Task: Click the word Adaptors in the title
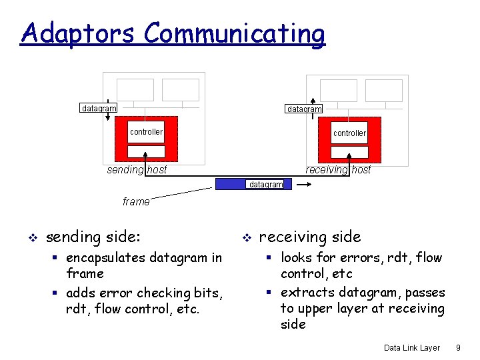tap(79, 33)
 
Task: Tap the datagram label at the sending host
tap(99, 108)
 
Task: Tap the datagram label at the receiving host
tap(304, 109)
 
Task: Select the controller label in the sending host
tap(146, 132)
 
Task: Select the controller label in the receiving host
tap(349, 133)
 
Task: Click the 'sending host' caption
tap(137, 170)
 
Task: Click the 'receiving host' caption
tap(338, 170)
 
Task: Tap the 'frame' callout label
tap(136, 201)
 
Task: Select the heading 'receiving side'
tap(310, 237)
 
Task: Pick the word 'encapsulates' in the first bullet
tap(113, 258)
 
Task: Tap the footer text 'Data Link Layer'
tap(412, 348)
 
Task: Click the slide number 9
tap(458, 348)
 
